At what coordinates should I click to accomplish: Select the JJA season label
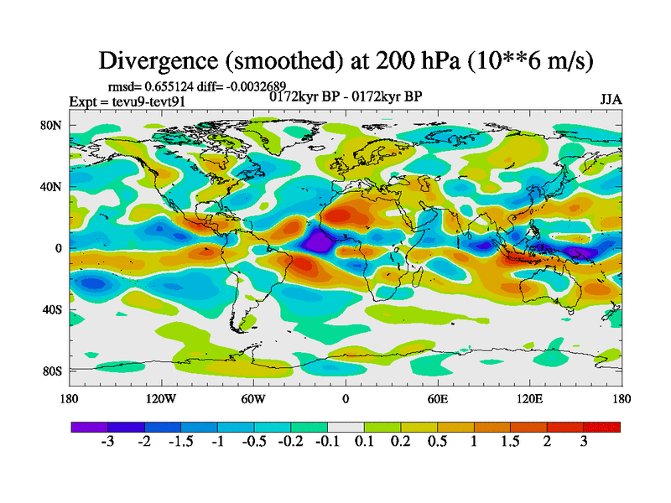coord(611,99)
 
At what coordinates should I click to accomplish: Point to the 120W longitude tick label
coord(161,398)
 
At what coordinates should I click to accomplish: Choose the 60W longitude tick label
coord(253,398)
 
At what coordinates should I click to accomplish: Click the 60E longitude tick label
coord(437,398)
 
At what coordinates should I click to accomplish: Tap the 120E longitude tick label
coord(529,398)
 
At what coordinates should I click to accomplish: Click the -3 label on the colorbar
coord(107,442)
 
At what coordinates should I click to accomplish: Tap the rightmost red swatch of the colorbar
coord(602,427)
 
